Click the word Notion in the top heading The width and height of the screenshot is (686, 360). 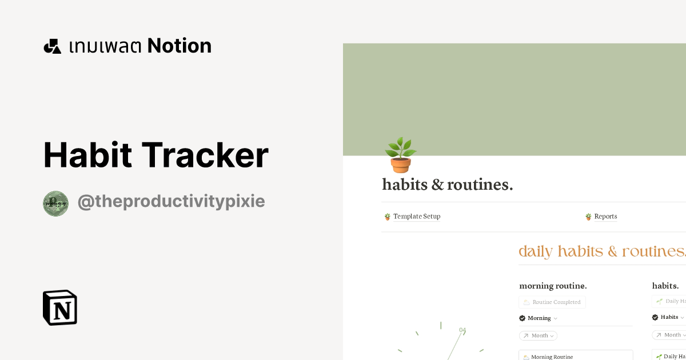179,46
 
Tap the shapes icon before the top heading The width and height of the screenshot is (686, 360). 52,46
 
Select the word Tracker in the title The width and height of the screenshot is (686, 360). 205,155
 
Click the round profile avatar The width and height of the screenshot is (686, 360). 55,203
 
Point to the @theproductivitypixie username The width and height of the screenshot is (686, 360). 171,202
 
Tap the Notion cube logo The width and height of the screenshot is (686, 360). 60,307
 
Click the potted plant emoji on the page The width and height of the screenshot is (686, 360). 400,155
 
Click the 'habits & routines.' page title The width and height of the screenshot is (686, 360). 447,185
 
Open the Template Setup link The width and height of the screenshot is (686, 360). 416,217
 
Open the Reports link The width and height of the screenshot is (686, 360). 605,217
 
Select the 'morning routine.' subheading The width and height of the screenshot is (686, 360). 553,286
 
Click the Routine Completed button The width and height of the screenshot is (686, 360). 552,302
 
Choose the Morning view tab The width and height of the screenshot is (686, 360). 539,318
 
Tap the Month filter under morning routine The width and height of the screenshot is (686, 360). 539,335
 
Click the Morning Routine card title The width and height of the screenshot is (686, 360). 551,357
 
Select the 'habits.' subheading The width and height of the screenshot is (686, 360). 665,286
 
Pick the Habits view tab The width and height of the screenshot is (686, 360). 669,317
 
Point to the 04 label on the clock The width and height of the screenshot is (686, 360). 462,330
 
